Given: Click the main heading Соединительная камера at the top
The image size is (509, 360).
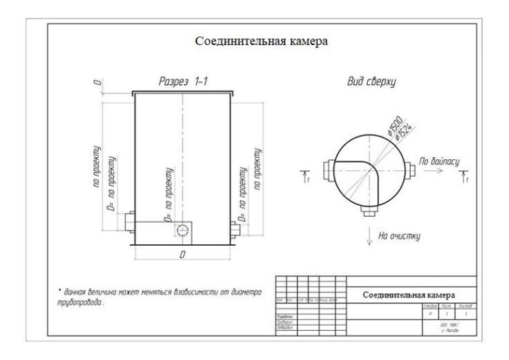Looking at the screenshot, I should click(x=262, y=41).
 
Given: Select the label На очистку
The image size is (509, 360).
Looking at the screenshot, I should click(x=400, y=235).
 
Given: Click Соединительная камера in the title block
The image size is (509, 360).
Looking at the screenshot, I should click(x=409, y=295).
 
